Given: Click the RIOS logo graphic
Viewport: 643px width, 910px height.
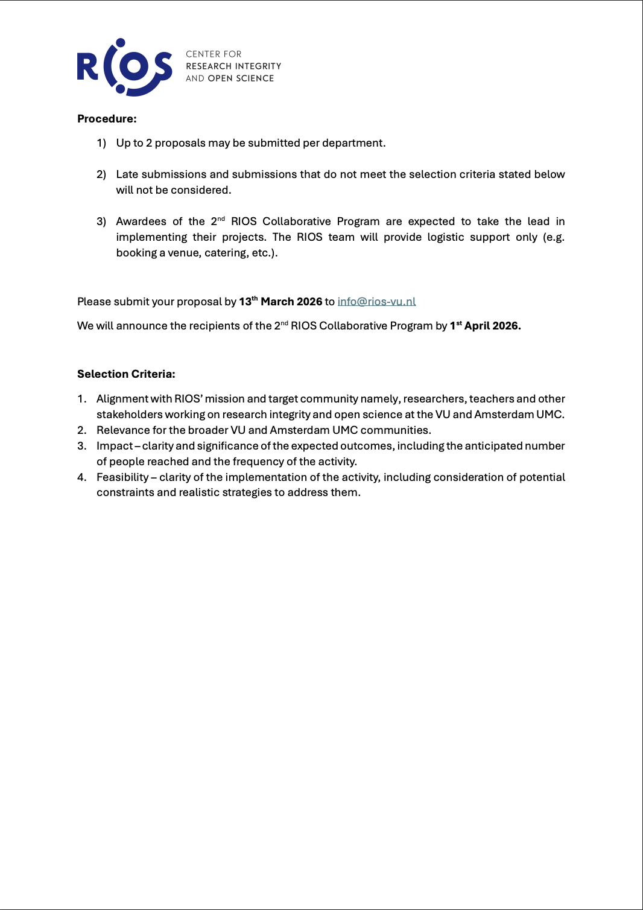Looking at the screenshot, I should tap(125, 67).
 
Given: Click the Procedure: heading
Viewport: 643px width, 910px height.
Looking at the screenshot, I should tap(107, 119).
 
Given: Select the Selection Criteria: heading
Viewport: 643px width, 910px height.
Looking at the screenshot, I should tap(126, 374).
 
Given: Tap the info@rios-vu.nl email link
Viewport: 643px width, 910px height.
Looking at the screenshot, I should tap(376, 302).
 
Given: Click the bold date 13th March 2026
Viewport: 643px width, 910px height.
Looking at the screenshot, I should tap(280, 302).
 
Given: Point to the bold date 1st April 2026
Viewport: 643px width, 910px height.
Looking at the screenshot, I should tap(485, 326).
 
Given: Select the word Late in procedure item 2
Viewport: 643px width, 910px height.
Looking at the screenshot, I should tap(127, 174).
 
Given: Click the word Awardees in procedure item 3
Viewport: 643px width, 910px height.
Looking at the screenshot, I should tap(141, 221).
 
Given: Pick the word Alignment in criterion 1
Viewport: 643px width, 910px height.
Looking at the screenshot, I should tap(122, 399).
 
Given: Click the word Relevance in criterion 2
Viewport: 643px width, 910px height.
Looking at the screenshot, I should tap(123, 430).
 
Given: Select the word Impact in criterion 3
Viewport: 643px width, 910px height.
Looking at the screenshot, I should tap(115, 446).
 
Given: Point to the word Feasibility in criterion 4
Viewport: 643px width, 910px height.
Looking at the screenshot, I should tap(122, 477).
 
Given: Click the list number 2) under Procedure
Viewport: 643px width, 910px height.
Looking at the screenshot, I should tap(101, 174).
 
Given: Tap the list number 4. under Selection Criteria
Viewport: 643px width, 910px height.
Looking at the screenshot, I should tap(82, 477).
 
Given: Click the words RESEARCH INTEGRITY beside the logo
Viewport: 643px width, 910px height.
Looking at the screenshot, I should tap(233, 66).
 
